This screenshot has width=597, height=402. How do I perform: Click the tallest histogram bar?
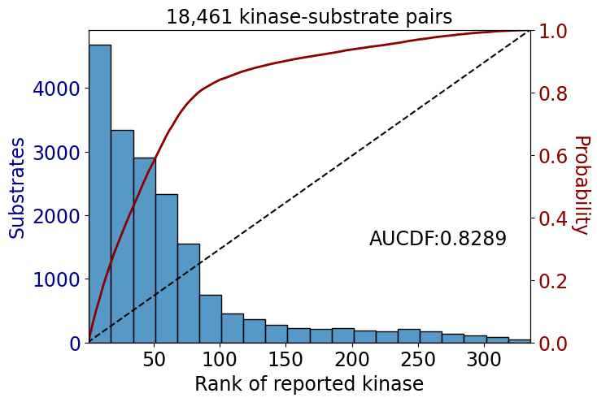(100, 193)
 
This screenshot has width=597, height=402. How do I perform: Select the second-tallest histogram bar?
(122, 236)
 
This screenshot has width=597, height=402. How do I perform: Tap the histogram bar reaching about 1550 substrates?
(189, 293)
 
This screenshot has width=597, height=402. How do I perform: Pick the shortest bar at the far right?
(520, 341)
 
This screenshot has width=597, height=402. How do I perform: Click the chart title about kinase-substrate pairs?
(309, 17)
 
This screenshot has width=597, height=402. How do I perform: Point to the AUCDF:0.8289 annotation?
(438, 239)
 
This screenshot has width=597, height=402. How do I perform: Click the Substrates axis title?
(17, 188)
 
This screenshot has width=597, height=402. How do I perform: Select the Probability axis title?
(582, 185)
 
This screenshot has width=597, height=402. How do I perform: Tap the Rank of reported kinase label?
(309, 383)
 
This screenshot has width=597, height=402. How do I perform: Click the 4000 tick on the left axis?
(56, 89)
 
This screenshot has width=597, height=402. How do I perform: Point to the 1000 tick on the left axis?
(56, 280)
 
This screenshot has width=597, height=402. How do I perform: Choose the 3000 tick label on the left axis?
(56, 153)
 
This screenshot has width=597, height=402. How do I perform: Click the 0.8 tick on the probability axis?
(553, 93)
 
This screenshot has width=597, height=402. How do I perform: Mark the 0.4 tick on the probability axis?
(553, 218)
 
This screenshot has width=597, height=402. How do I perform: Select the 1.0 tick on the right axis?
(553, 31)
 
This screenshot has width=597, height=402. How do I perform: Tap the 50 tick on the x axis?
(155, 359)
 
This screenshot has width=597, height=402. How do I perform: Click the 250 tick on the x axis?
(418, 359)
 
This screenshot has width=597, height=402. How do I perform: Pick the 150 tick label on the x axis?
(286, 359)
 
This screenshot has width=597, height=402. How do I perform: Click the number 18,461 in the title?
(199, 17)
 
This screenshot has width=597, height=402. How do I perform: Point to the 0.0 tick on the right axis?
(553, 344)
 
